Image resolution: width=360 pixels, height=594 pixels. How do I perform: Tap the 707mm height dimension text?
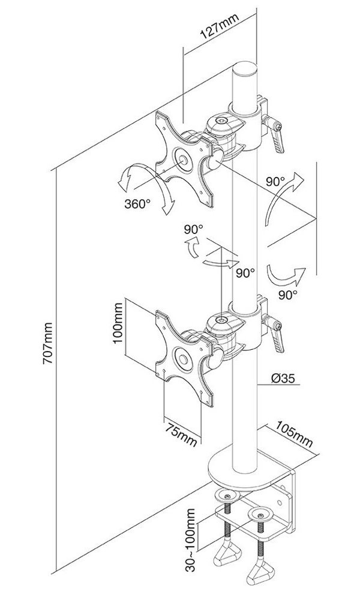coord(48,343)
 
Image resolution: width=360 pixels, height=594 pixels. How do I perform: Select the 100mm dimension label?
coord(119,322)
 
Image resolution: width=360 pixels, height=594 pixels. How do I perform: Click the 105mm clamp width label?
coord(294,434)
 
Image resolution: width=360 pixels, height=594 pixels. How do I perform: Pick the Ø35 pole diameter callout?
coord(283,378)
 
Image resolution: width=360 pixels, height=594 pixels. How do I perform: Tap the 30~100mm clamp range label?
coord(191,540)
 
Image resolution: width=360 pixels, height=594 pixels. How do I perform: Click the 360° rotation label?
coord(137,204)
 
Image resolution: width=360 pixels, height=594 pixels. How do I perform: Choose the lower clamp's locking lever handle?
coord(278,339)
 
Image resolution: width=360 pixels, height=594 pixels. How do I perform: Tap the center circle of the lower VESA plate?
coord(182,359)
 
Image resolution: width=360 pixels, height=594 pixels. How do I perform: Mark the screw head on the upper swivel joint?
coord(221,121)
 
